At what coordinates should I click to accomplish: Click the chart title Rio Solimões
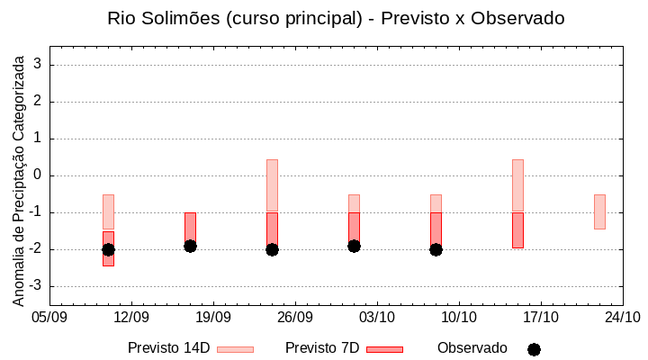coord(336,18)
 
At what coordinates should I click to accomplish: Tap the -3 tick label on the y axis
coord(37,286)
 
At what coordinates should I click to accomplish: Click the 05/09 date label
coord(49,317)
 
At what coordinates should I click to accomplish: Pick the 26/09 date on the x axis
coord(295,317)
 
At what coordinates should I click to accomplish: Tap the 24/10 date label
coord(623,317)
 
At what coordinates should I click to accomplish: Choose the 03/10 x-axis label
coord(377,317)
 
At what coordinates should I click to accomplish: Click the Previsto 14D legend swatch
coord(235,349)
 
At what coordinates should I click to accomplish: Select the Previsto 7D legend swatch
coord(384,349)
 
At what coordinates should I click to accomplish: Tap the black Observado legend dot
coord(534,349)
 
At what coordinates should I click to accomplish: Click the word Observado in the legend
coord(472,348)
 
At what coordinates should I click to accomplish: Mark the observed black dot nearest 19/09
coord(190,246)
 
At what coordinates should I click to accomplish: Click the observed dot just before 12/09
coord(108,249)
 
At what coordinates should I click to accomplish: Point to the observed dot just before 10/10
coord(436,249)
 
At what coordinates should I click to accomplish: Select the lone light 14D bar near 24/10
coord(599,211)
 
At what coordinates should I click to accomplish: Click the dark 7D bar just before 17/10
coord(517,230)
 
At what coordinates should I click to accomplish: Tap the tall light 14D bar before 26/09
coord(272,184)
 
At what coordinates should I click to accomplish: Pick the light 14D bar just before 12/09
coord(108,211)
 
